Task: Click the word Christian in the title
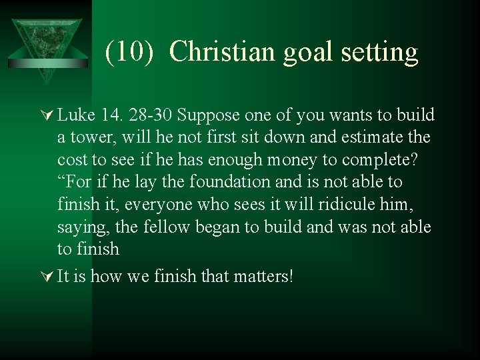222,52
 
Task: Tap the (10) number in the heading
131,52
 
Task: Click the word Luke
75,115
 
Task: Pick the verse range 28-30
152,115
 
